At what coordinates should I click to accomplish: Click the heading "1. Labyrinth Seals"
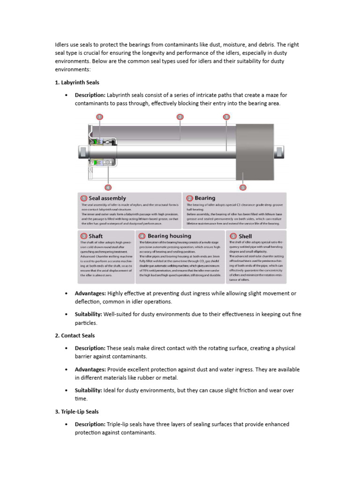[x=77, y=82]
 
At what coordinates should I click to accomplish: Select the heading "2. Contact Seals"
[x=75, y=336]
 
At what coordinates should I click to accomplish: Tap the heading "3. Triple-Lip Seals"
[x=77, y=412]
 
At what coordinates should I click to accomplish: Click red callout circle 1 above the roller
[x=99, y=117]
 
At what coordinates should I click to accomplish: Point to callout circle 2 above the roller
[x=180, y=117]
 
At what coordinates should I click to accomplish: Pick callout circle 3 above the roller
[x=226, y=117]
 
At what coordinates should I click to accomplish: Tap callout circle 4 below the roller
[x=108, y=187]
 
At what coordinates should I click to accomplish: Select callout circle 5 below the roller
[x=243, y=187]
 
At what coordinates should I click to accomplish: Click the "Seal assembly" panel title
[x=107, y=198]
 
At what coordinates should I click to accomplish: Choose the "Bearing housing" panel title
[x=169, y=236]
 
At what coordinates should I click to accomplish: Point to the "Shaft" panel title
[x=96, y=236]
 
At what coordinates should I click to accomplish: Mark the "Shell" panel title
[x=245, y=236]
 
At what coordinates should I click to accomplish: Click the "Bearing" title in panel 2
[x=205, y=198]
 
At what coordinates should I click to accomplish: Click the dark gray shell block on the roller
[x=255, y=152]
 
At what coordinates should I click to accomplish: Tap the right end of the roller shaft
[x=279, y=152]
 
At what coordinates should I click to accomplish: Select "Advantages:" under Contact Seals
[x=90, y=369]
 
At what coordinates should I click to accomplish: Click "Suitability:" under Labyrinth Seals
[x=88, y=314]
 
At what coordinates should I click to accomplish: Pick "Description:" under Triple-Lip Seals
[x=90, y=424]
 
